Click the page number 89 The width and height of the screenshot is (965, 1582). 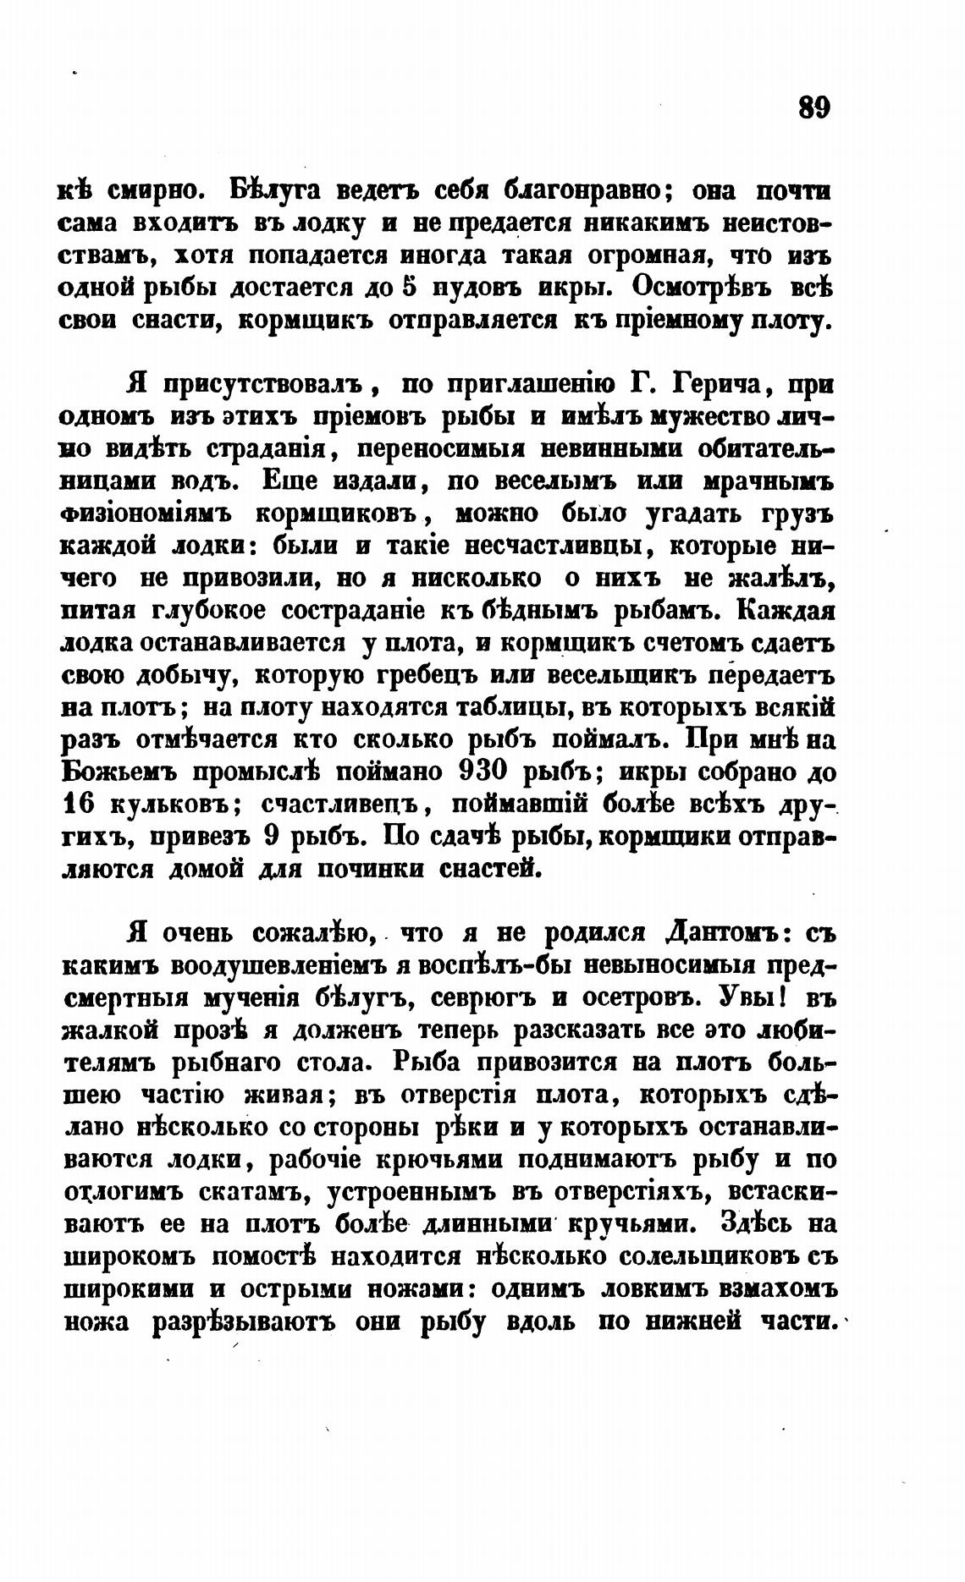tap(813, 108)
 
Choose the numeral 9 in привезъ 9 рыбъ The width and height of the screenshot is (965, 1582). tap(272, 836)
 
